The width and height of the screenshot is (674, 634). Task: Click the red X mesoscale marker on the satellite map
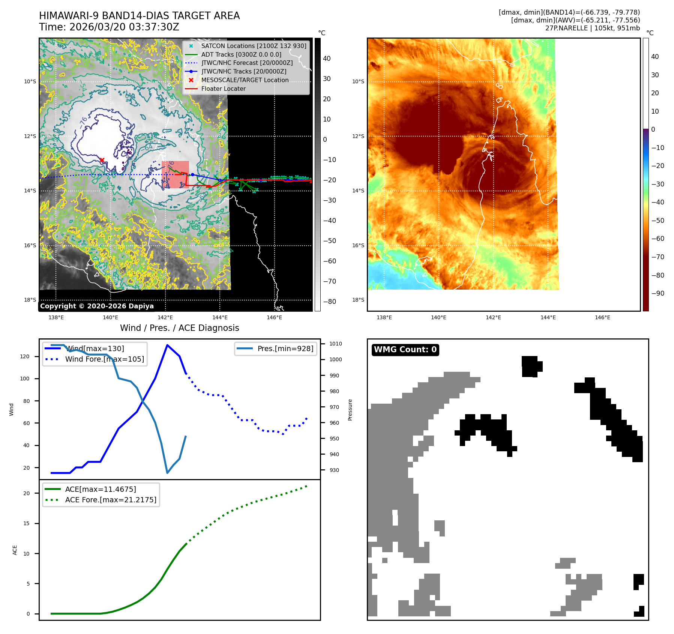click(x=102, y=160)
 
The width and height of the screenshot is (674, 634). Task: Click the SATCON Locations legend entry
click(x=254, y=46)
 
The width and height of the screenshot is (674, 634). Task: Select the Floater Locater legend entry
click(x=223, y=89)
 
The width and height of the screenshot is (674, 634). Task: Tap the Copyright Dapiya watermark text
click(x=97, y=306)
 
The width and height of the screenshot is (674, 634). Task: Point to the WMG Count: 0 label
click(x=405, y=350)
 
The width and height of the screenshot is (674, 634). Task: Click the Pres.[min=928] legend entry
click(x=285, y=349)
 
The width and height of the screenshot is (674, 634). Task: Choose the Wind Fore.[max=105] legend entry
click(x=104, y=359)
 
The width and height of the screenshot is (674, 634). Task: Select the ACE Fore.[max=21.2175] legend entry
click(x=111, y=500)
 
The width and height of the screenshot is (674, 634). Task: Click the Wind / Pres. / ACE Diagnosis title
click(x=179, y=328)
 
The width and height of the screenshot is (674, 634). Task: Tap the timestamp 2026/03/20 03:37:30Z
click(x=124, y=27)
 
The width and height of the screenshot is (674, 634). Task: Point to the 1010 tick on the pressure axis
click(x=335, y=344)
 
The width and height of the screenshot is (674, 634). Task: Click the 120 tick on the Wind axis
click(x=25, y=357)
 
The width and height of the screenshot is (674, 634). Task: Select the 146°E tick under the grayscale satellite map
click(x=274, y=318)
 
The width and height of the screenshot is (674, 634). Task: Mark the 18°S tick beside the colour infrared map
click(x=358, y=300)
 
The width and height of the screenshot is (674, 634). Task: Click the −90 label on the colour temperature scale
click(x=657, y=293)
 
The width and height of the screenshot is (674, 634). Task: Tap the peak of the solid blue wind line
click(x=167, y=345)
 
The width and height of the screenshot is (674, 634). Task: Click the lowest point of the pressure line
click(x=167, y=473)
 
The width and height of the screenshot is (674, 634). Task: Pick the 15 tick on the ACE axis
click(x=26, y=524)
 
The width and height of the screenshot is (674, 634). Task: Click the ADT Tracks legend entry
click(x=241, y=55)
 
